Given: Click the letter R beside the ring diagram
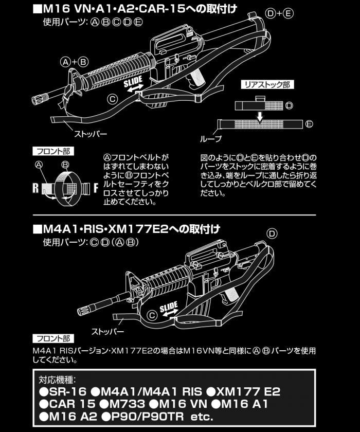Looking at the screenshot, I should pos(37,188).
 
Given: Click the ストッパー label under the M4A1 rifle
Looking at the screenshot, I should pos(107,331).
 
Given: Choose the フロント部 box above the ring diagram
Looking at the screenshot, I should pos(53,151).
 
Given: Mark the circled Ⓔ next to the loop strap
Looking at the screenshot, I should pos(309,124).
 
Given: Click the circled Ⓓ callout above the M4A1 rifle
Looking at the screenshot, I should pos(272,233).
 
